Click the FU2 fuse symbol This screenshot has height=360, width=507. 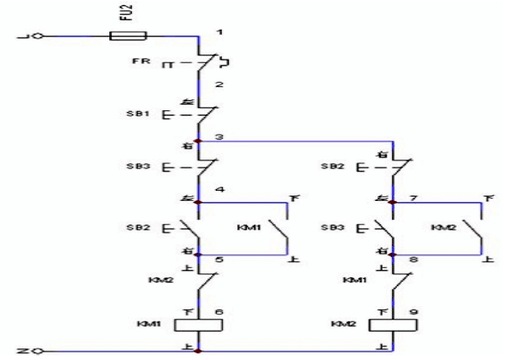pos(128,37)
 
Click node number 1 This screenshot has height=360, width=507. pos(219,33)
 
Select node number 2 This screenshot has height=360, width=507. pos(219,84)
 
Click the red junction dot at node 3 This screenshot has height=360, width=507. pos(198,141)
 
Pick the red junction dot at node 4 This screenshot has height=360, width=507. pos(198,202)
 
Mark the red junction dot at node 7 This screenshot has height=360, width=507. pos(393,202)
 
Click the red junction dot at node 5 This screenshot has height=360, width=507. pos(198,254)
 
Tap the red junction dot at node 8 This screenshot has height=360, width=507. pos(393,254)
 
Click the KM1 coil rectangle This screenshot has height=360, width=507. pos(198,325)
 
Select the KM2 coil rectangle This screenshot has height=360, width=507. pos(393,325)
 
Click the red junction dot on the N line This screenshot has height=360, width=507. pos(198,351)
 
